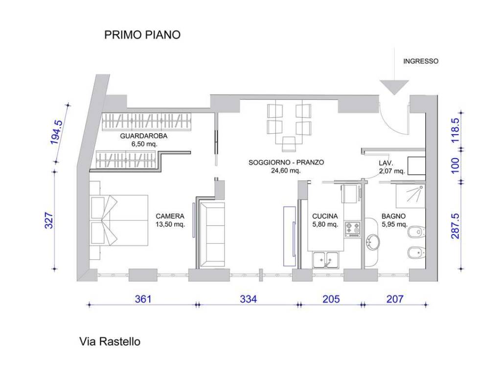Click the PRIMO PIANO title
[x=142, y=35]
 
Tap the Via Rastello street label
[x=110, y=341]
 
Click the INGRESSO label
[x=420, y=62]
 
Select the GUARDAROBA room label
[x=143, y=137]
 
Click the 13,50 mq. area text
[x=170, y=225]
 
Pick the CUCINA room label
[x=325, y=216]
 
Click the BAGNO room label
[x=394, y=216]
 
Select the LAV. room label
[x=387, y=163]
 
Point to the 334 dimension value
[x=248, y=299]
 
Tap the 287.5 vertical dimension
[x=455, y=225]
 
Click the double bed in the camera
[x=119, y=220]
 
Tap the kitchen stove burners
[x=352, y=228]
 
